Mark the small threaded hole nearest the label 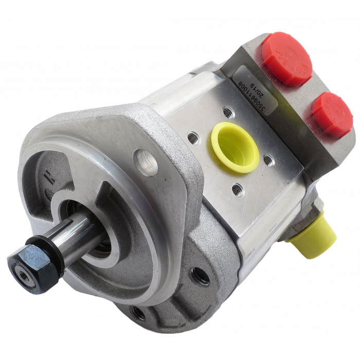pos(227,111)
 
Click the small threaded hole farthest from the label pos(237,190)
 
